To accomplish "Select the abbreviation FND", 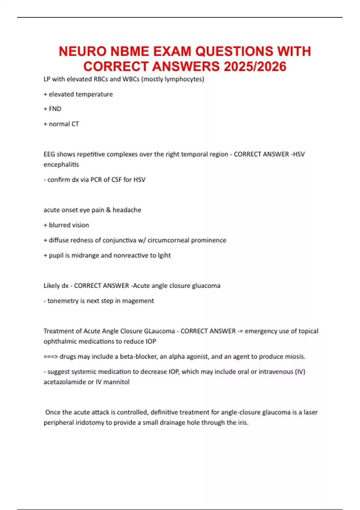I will (55, 109).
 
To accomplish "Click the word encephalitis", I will (61, 164).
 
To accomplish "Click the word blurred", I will (59, 225).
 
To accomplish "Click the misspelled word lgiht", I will (164, 255).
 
